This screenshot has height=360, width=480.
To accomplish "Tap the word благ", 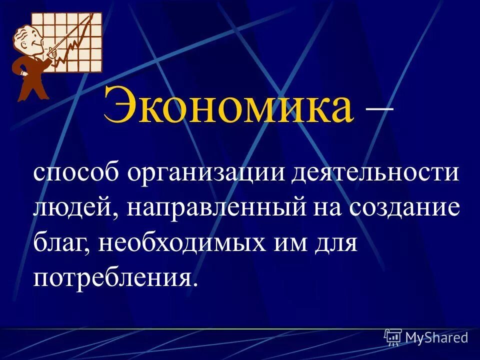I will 61,243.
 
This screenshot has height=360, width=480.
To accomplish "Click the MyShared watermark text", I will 436,337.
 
